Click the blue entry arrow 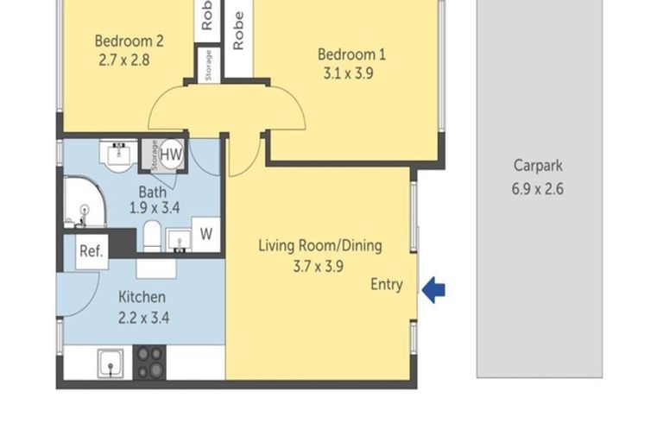click(x=433, y=290)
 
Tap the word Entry click(x=387, y=285)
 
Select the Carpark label click(x=538, y=166)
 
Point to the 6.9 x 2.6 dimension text click(x=538, y=189)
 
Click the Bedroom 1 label click(x=351, y=54)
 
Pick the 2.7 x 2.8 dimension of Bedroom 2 click(x=124, y=60)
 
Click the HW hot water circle click(x=171, y=155)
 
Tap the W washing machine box click(x=206, y=234)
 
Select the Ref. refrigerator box click(x=92, y=252)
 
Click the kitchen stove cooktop click(x=149, y=362)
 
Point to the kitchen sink click(x=110, y=363)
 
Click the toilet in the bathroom click(x=152, y=236)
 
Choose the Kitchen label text click(x=142, y=297)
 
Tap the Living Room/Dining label click(x=320, y=246)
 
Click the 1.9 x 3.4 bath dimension click(x=155, y=208)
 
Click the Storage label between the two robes click(x=208, y=65)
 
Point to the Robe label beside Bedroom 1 click(x=238, y=30)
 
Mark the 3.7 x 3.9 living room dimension click(x=319, y=267)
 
